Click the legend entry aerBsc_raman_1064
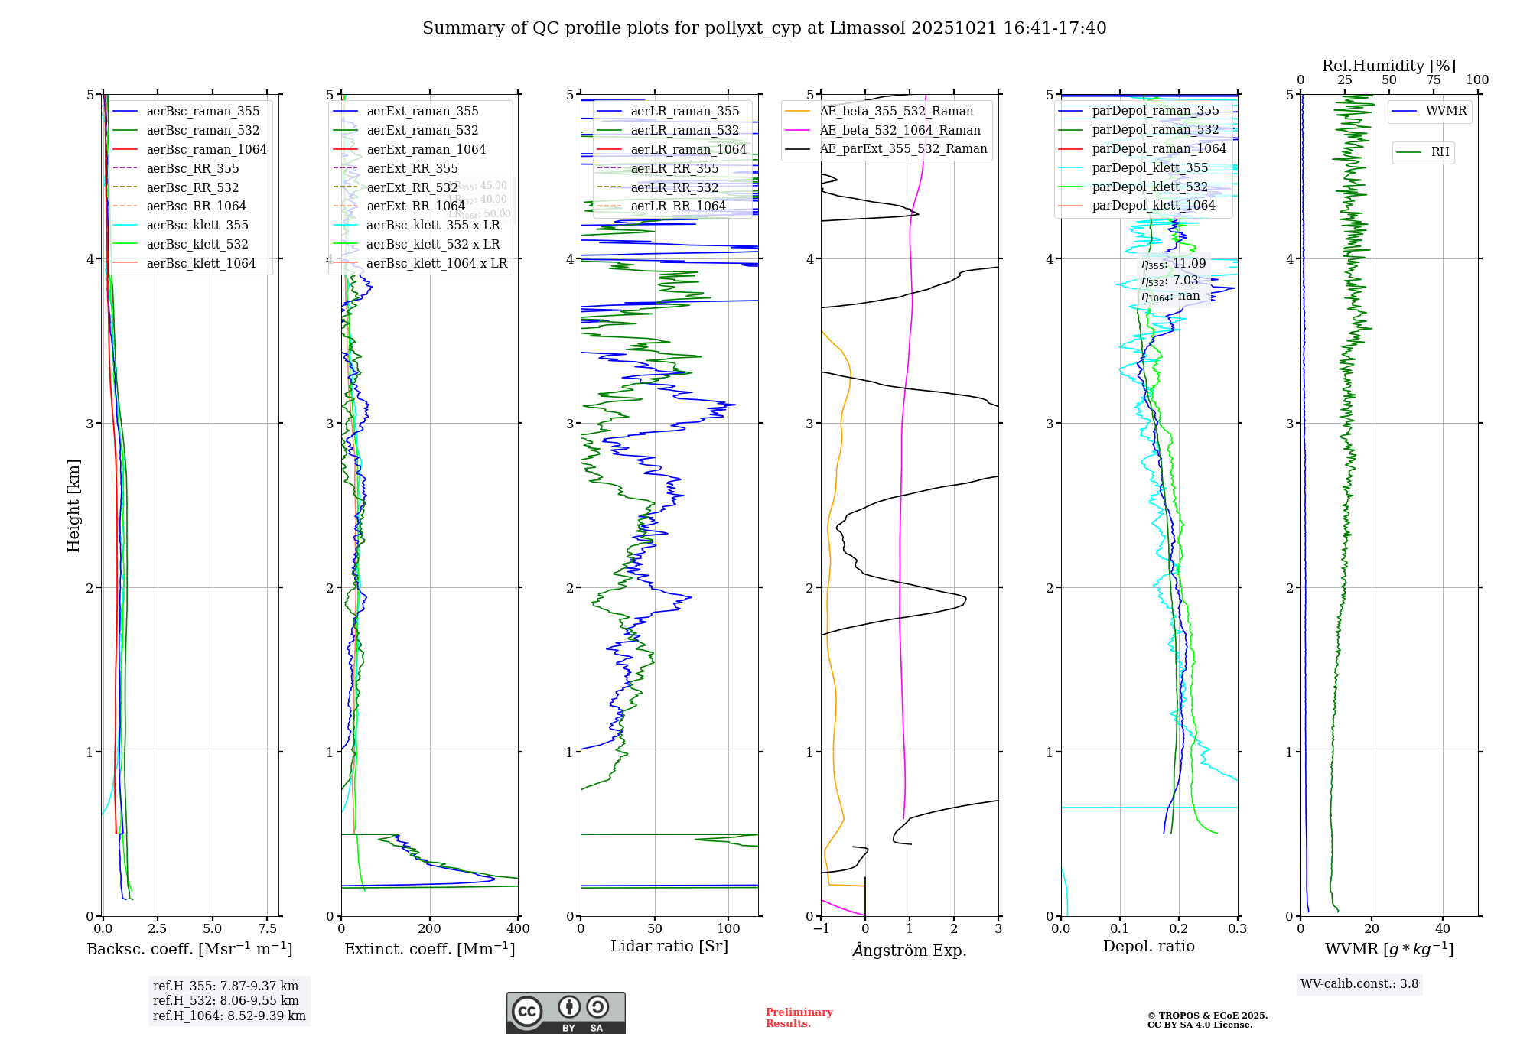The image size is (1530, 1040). pyautogui.click(x=207, y=149)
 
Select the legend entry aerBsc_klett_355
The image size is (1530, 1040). pyautogui.click(x=197, y=225)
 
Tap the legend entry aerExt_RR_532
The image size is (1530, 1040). pyautogui.click(x=412, y=187)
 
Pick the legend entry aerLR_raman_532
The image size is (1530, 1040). pyautogui.click(x=685, y=130)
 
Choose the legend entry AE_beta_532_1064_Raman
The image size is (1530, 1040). pyautogui.click(x=900, y=130)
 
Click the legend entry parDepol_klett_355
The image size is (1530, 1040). pyautogui.click(x=1150, y=167)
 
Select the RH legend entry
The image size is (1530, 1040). pyautogui.click(x=1440, y=152)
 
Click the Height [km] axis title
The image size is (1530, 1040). pyautogui.click(x=73, y=505)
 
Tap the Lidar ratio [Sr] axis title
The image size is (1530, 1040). pyautogui.click(x=669, y=946)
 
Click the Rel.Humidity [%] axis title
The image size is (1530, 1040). pyautogui.click(x=1388, y=66)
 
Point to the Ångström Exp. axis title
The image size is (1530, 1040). pyautogui.click(x=910, y=950)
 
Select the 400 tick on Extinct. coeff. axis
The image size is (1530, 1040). pyautogui.click(x=519, y=929)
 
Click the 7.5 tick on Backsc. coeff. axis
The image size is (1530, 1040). pyautogui.click(x=268, y=929)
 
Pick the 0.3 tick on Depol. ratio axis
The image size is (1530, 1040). pyautogui.click(x=1238, y=929)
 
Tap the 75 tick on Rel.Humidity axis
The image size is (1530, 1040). pyautogui.click(x=1433, y=80)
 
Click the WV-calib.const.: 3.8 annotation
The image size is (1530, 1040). pyautogui.click(x=1359, y=984)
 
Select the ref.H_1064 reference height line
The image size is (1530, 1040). pyautogui.click(x=229, y=1016)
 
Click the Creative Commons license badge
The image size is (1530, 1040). pyautogui.click(x=565, y=1012)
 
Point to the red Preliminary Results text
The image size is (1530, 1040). pyautogui.click(x=799, y=1017)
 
